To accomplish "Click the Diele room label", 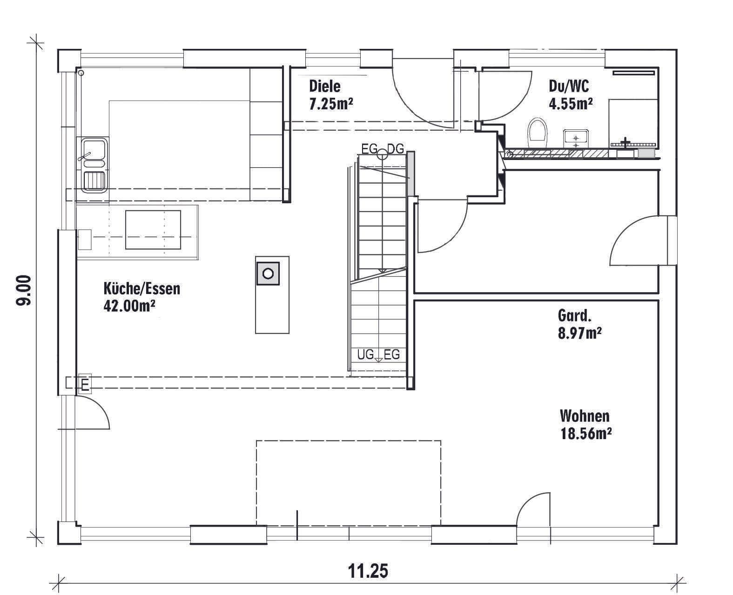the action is [324, 86].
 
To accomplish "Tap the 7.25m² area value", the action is [331, 104].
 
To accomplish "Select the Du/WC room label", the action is [569, 86].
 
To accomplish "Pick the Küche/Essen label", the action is [142, 288].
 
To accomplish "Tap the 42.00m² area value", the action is [129, 306].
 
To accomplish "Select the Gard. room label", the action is [574, 316].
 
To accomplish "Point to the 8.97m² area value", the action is [579, 333].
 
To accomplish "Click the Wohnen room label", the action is [585, 416].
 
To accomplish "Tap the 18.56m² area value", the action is [586, 434].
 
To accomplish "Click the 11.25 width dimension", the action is [368, 571].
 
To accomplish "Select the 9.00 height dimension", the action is [24, 290].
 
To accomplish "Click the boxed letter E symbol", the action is [85, 383].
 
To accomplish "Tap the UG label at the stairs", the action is [365, 354].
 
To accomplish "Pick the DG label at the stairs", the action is [396, 148].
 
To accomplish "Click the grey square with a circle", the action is [268, 274].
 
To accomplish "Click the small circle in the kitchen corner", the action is [81, 73].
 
